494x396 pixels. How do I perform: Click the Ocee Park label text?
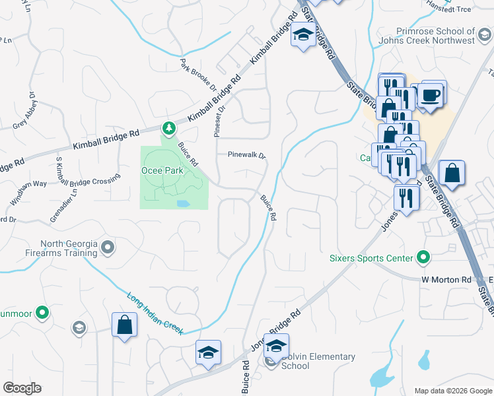(162, 170)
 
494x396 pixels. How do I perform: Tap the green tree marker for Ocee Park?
(168, 127)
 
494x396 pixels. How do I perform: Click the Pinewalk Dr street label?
(246, 156)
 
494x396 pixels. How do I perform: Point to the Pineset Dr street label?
(218, 118)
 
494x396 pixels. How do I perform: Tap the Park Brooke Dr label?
(198, 75)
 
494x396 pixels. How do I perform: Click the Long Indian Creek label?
(155, 313)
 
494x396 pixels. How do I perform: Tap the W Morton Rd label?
(446, 280)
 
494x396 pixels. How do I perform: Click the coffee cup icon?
(431, 94)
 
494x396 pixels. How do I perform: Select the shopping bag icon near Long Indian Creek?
(124, 325)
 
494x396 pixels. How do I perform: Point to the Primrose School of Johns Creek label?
(436, 36)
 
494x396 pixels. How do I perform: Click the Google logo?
(22, 388)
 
